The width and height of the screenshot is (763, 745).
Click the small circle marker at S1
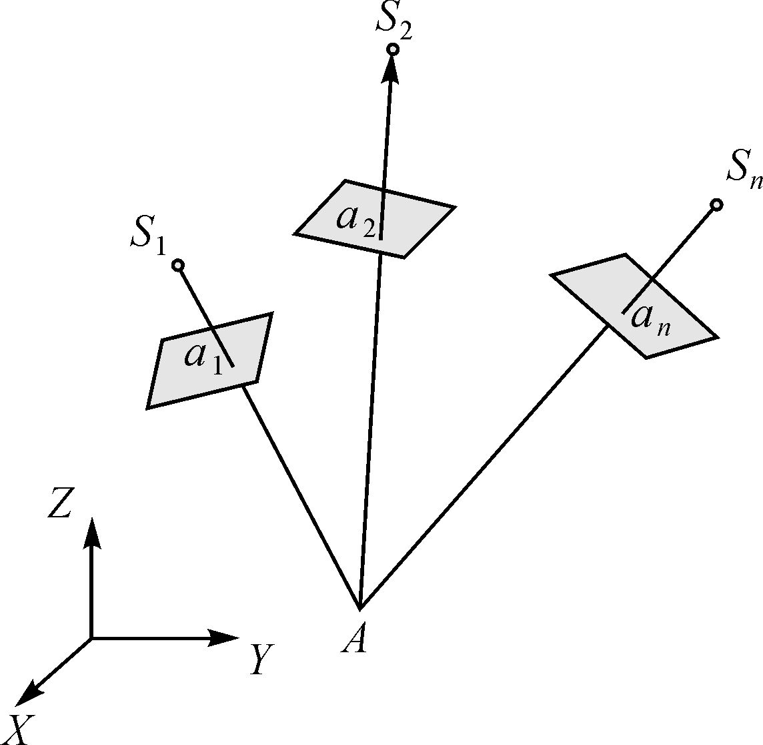point(177,266)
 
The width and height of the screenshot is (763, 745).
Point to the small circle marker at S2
point(393,49)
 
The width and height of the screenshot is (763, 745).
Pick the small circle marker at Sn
point(716,205)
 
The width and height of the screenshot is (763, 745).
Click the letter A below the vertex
point(354,641)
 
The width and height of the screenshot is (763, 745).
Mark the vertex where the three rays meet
point(360,608)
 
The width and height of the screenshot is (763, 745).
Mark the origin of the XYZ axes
point(91,638)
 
